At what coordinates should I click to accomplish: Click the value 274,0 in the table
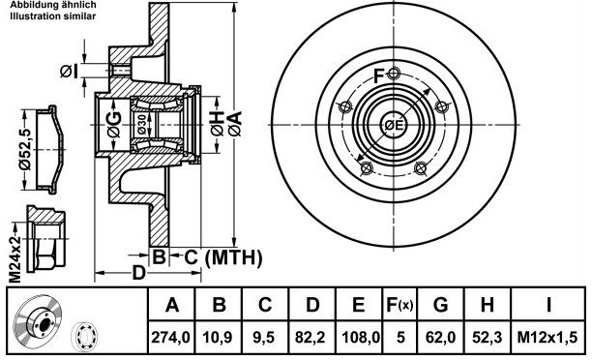click(x=170, y=337)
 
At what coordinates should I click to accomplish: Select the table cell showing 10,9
click(x=218, y=337)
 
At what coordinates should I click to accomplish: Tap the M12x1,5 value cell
click(x=548, y=337)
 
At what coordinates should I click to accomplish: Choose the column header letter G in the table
click(x=440, y=305)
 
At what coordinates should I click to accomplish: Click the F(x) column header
click(x=400, y=305)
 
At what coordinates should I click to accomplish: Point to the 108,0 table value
click(x=361, y=337)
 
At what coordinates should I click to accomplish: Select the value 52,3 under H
click(x=487, y=337)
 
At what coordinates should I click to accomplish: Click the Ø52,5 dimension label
click(x=25, y=148)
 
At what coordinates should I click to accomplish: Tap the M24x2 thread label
click(x=15, y=260)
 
